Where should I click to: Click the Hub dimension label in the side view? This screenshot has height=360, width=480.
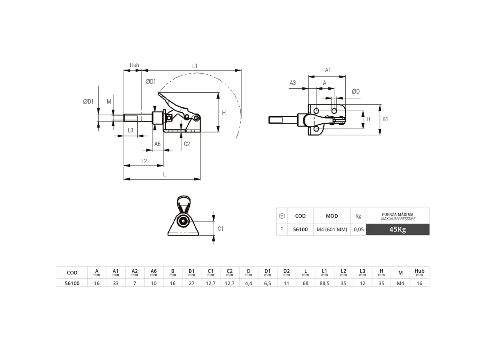click(134, 65)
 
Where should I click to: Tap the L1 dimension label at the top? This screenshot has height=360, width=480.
click(195, 65)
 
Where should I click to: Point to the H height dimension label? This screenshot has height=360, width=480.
click(224, 113)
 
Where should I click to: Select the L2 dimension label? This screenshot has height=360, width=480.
click(144, 161)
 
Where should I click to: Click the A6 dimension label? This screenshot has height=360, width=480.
click(157, 144)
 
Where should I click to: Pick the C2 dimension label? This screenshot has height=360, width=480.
click(187, 144)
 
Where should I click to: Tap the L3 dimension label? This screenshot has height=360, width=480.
click(130, 130)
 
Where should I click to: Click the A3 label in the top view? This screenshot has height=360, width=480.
click(292, 83)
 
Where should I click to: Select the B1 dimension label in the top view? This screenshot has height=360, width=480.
click(385, 119)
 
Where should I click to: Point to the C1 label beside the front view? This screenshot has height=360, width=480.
click(220, 229)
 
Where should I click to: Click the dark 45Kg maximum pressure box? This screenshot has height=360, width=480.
click(398, 230)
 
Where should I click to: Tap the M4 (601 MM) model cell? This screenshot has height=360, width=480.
click(332, 230)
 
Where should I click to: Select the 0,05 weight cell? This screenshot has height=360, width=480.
click(358, 230)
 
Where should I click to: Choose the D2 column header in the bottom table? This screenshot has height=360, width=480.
click(286, 272)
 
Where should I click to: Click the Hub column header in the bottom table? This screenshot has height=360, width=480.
click(419, 272)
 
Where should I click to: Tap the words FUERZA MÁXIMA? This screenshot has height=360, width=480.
click(398, 214)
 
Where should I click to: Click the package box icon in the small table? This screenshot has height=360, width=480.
click(282, 216)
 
